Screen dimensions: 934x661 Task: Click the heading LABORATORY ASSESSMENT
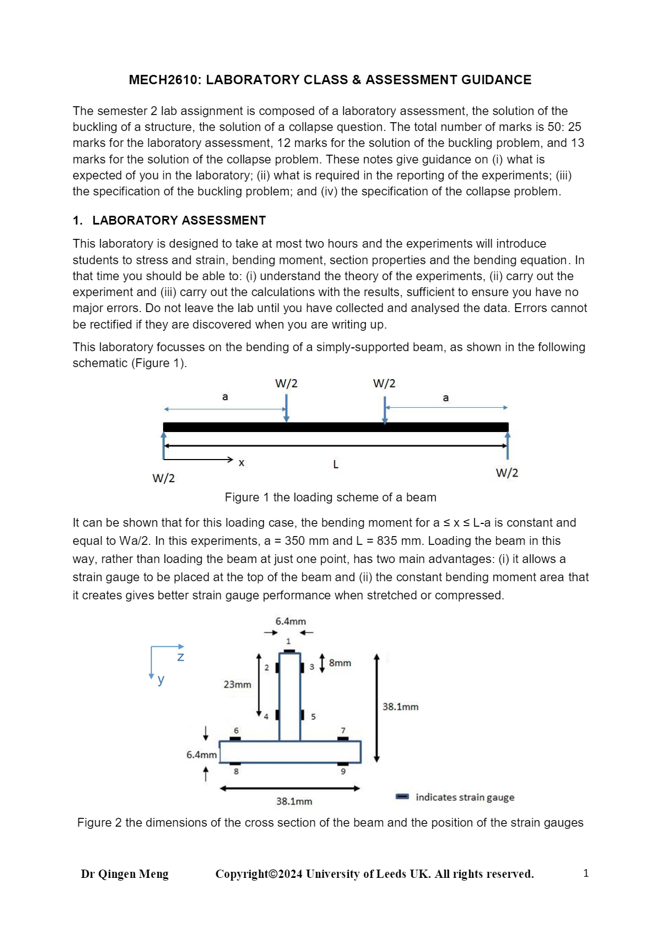coord(178,221)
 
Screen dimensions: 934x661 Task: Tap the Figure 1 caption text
coord(330,498)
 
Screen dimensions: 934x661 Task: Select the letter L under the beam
coord(336,465)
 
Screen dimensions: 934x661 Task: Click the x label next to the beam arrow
coord(241,463)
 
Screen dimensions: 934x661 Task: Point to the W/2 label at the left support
coord(164,478)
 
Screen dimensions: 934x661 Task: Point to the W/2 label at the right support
coord(507,473)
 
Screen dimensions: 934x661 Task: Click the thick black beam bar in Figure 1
coord(335,427)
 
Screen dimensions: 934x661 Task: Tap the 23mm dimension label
coord(237,685)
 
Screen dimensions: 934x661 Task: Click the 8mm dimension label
coord(340,663)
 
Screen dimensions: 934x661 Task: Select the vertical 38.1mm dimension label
coord(400,707)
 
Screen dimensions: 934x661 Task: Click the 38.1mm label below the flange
coord(294,801)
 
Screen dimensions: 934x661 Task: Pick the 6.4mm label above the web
coord(290,621)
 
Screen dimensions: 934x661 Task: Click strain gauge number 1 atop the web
coord(289,651)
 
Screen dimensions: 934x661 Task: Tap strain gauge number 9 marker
coord(343,764)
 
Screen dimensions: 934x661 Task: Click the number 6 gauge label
coord(236,731)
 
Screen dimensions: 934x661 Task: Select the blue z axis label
coord(181,657)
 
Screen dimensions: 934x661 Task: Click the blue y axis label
coord(161,679)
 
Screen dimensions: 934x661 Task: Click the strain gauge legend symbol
coord(403,796)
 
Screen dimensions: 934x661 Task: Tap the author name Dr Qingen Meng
coord(124,874)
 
